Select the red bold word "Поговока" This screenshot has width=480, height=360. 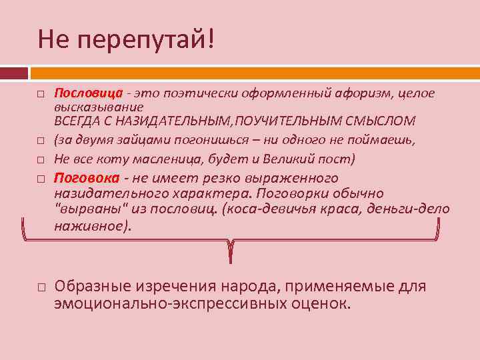point(87,178)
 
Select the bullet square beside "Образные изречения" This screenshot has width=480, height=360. point(41,288)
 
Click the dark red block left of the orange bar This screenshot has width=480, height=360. point(13,72)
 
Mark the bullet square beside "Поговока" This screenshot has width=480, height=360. point(41,179)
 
